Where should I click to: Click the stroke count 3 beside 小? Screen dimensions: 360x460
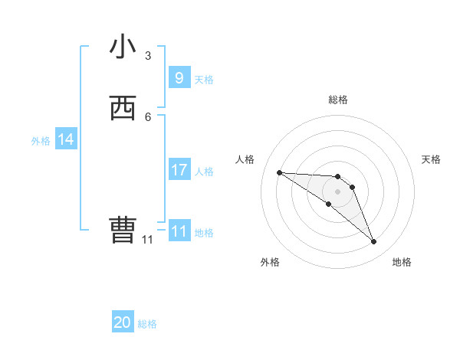pyautogui.click(x=148, y=56)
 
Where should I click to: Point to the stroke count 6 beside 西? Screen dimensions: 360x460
pyautogui.click(x=148, y=116)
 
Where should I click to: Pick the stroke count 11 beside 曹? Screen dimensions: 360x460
pyautogui.click(x=147, y=240)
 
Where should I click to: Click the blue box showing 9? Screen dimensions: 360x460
pyautogui.click(x=179, y=77)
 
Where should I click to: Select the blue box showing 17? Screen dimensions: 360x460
pyautogui.click(x=179, y=170)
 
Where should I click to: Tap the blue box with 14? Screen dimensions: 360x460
pyautogui.click(x=66, y=139)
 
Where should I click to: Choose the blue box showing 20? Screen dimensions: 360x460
pyautogui.click(x=123, y=322)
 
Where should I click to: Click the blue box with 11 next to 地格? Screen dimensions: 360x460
pyautogui.click(x=179, y=231)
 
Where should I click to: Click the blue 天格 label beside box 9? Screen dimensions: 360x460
pyautogui.click(x=204, y=79)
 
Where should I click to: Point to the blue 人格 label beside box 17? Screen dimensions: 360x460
pyautogui.click(x=205, y=172)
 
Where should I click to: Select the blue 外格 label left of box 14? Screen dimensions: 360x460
pyautogui.click(x=41, y=141)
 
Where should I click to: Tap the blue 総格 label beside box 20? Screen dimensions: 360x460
pyautogui.click(x=147, y=324)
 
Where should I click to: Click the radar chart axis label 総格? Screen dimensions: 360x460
pyautogui.click(x=338, y=100)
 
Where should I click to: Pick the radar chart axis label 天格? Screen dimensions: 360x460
pyautogui.click(x=431, y=159)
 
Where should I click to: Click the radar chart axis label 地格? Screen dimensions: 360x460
pyautogui.click(x=402, y=263)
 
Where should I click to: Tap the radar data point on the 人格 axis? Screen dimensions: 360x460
pyautogui.click(x=279, y=172)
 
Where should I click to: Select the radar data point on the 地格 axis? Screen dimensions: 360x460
pyautogui.click(x=373, y=241)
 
